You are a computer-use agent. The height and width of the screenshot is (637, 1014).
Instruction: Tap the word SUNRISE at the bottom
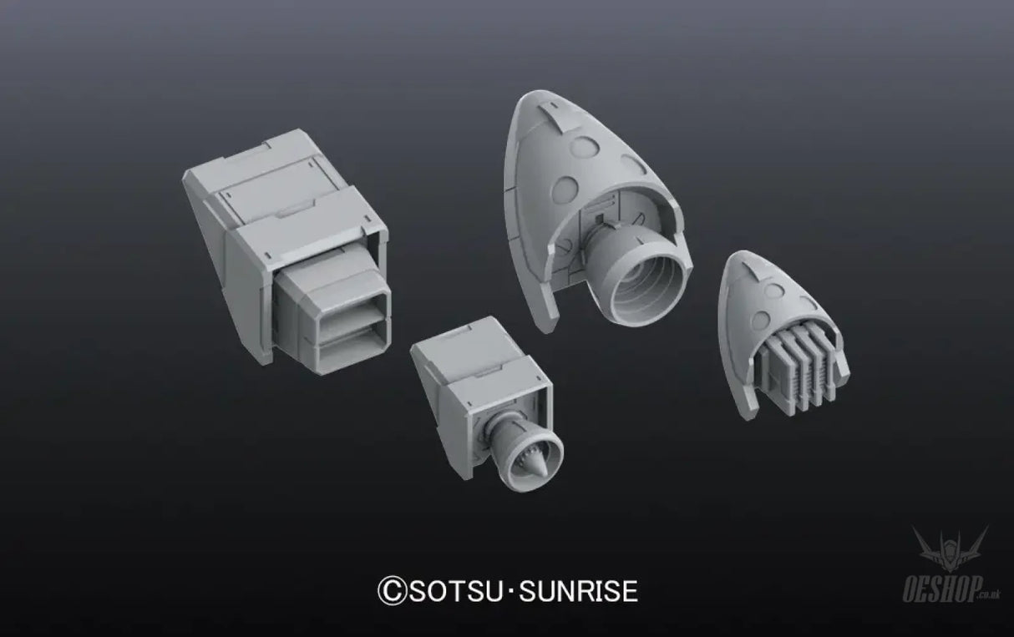[x=578, y=590]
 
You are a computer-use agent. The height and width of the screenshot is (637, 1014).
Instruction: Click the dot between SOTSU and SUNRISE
[x=510, y=591]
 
